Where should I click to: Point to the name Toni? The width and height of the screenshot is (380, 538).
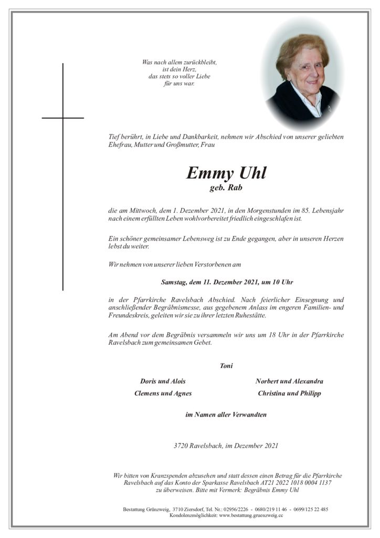pyautogui.click(x=226, y=366)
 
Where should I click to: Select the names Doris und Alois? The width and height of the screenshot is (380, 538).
pyautogui.click(x=163, y=381)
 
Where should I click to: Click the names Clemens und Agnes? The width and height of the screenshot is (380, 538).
pyautogui.click(x=163, y=393)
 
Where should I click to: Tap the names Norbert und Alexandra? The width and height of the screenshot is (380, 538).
pyautogui.click(x=289, y=381)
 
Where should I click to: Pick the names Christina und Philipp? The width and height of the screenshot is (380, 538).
pyautogui.click(x=289, y=393)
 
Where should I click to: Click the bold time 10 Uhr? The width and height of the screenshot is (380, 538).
pyautogui.click(x=282, y=282)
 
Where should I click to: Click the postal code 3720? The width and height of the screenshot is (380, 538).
pyautogui.click(x=181, y=446)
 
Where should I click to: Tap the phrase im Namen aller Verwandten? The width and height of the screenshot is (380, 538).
pyautogui.click(x=226, y=415)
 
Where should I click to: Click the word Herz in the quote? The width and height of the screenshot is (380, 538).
pyautogui.click(x=183, y=69)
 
